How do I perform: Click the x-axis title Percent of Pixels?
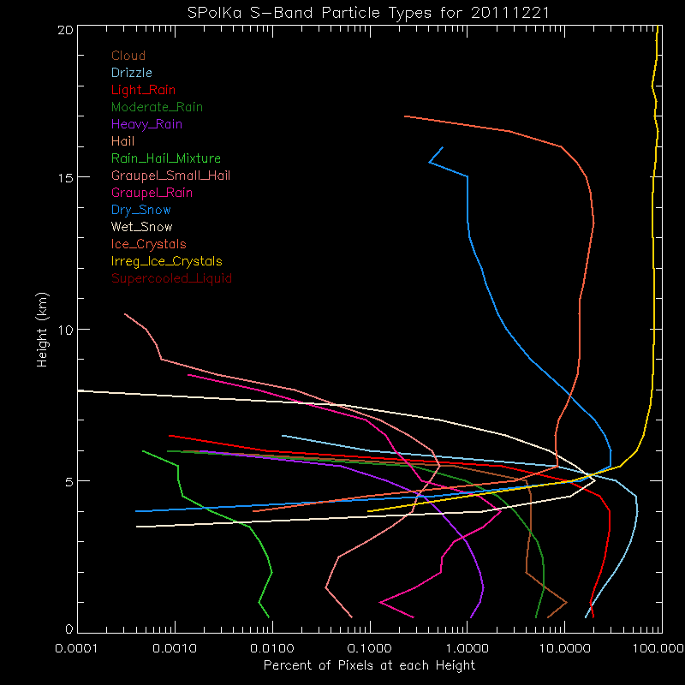click(368, 665)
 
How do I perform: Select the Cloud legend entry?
click(128, 57)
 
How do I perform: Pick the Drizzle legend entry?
click(132, 74)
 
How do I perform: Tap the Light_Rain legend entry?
click(144, 91)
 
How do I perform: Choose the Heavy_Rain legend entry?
click(146, 125)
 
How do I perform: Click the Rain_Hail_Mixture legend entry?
click(166, 159)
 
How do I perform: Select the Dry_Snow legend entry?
click(141, 211)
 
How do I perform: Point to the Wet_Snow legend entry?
click(142, 228)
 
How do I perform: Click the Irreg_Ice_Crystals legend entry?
click(166, 262)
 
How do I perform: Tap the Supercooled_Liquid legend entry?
click(171, 279)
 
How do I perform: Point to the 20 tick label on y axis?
click(63, 29)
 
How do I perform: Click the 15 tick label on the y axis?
click(63, 177)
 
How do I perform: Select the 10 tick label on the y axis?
click(63, 330)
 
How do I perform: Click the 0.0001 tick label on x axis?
click(78, 648)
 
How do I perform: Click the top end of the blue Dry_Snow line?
click(442, 147)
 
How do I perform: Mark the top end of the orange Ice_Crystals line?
click(405, 116)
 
